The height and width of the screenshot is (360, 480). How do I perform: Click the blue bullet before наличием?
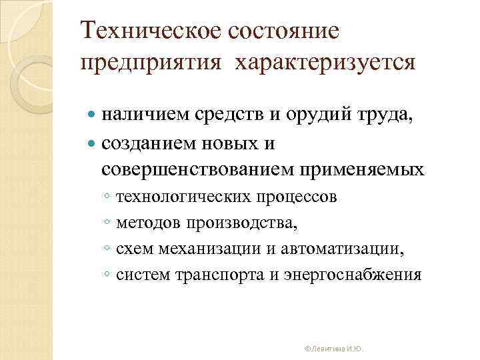tap(92, 117)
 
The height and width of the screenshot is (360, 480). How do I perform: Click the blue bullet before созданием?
tap(92, 143)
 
